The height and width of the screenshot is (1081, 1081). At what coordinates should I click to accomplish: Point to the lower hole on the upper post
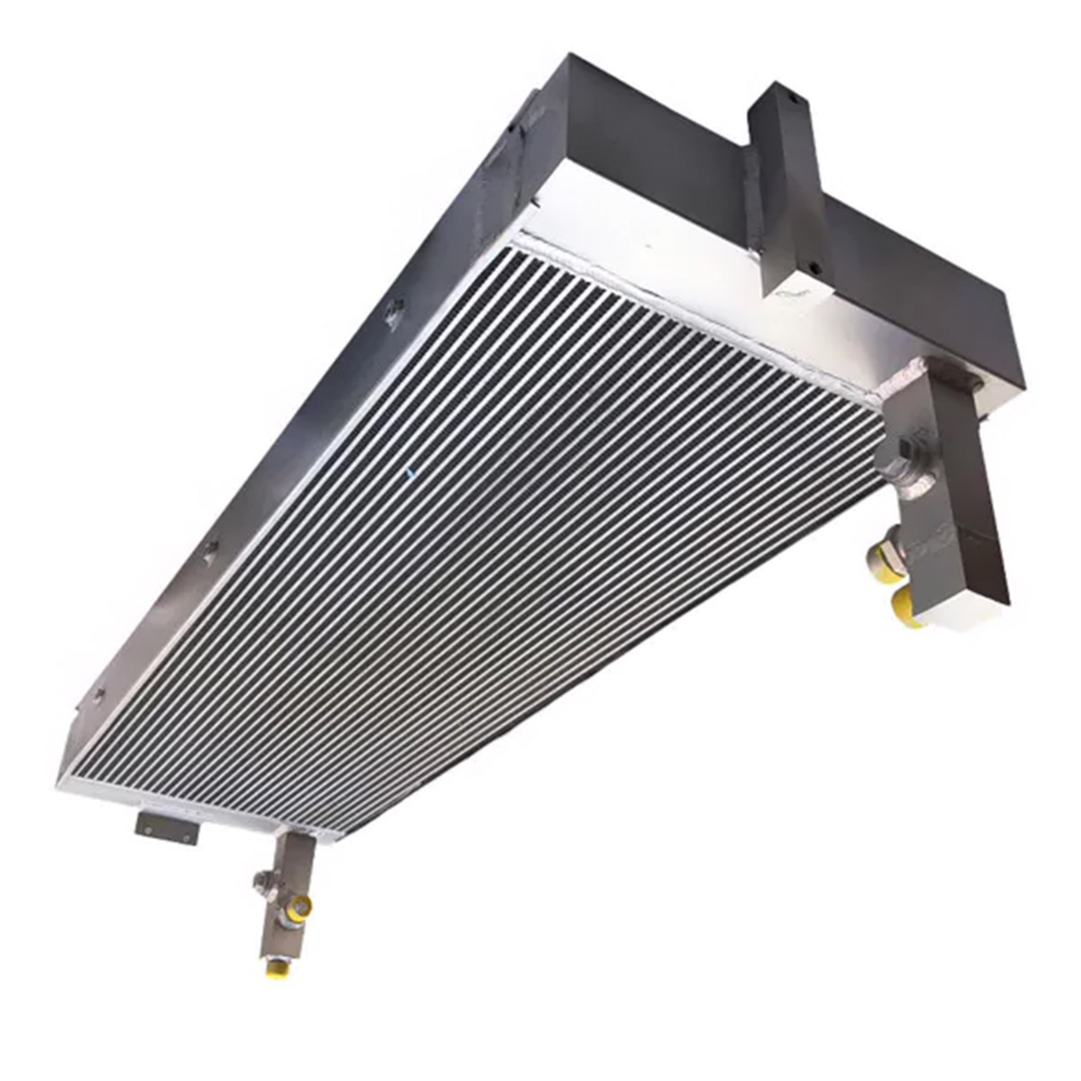tap(814, 267)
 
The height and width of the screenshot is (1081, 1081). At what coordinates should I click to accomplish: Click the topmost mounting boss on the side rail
tap(391, 313)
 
